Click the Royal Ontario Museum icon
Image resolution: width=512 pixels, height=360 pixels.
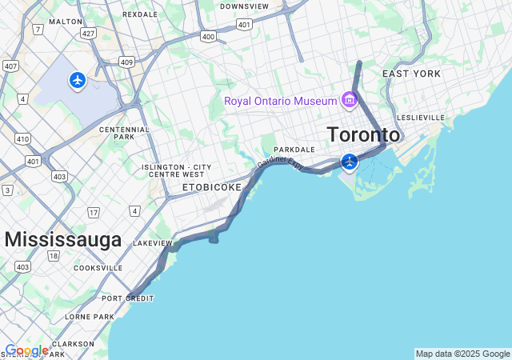349,100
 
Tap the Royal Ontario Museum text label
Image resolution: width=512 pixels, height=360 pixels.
281,101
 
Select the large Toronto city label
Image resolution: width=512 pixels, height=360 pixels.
363,134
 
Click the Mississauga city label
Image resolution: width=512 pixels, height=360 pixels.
63,239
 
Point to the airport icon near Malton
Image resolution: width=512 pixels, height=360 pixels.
77,80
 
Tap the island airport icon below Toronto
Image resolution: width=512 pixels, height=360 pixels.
349,162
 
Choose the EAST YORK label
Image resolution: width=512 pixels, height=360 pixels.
411,74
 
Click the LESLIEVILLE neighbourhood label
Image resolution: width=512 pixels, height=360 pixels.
420,118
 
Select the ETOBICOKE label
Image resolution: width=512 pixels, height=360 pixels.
210,187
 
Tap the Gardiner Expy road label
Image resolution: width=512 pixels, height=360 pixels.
281,163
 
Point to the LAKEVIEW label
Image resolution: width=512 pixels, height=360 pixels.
153,242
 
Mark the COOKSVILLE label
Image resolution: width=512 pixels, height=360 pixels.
98,268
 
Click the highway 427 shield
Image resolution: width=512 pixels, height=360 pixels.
88,33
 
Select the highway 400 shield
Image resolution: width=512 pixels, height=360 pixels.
209,36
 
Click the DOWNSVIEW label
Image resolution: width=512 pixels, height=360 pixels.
244,6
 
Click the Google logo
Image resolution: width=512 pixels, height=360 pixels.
26,350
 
